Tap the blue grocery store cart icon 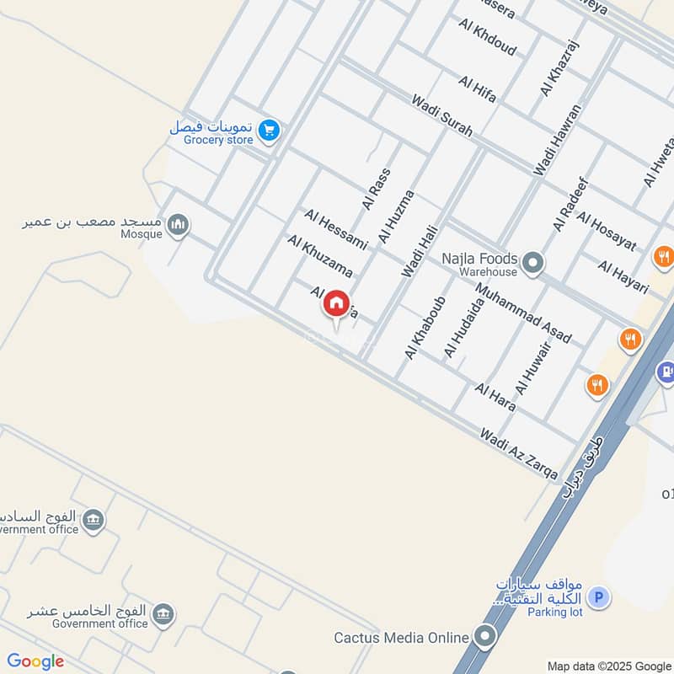[269, 130]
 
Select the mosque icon [178, 225]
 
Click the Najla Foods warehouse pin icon [532, 264]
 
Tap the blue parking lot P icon [599, 598]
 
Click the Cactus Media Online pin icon [485, 637]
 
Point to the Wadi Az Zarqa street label [518, 454]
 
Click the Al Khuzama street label [319, 256]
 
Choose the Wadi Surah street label [441, 116]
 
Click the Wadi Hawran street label [558, 140]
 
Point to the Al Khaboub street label [424, 328]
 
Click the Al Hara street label [495, 397]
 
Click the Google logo [35, 661]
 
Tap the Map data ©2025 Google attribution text [608, 666]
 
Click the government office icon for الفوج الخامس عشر [166, 614]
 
